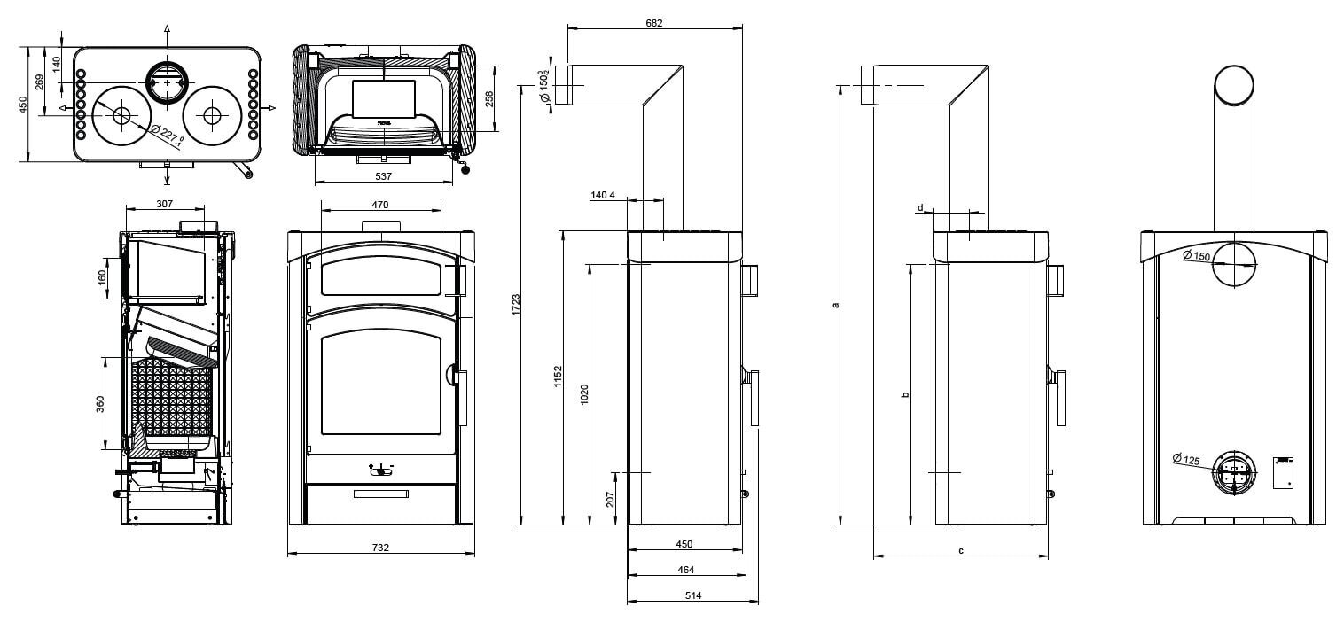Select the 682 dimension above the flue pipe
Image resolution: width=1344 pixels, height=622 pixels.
click(654, 21)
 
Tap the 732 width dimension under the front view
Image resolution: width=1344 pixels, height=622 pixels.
click(380, 548)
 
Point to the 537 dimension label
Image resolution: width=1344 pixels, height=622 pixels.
click(384, 176)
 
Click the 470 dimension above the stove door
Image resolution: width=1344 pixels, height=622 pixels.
click(380, 205)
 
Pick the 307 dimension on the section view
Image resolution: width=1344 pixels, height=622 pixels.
click(164, 204)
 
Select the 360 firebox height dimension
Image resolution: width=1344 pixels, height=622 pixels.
click(100, 403)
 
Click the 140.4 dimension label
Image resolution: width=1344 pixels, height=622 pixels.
click(603, 196)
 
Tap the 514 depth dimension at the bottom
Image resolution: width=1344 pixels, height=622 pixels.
click(692, 595)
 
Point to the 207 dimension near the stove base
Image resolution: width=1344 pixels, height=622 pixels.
click(610, 499)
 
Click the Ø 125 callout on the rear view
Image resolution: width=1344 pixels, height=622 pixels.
click(1185, 459)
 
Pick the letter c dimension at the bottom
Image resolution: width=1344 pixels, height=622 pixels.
click(961, 550)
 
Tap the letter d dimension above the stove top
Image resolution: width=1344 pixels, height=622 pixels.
click(921, 207)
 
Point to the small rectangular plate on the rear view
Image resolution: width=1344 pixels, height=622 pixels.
click(1283, 472)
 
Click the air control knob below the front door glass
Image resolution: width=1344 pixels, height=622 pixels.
click(380, 469)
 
